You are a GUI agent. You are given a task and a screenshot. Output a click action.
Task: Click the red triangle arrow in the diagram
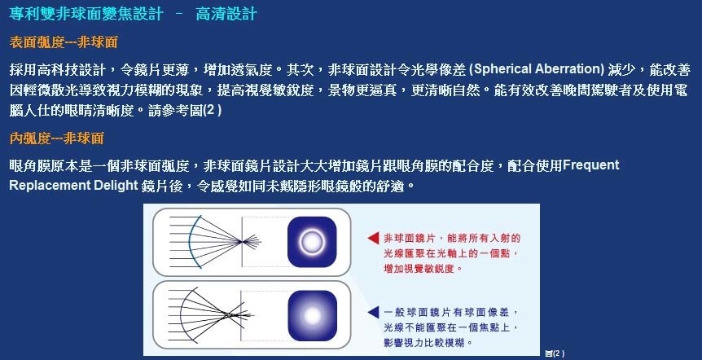pos(373,238)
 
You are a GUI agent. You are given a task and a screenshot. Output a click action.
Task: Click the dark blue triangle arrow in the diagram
pos(373,312)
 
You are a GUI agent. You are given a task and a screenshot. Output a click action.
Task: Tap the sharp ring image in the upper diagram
pos(312,242)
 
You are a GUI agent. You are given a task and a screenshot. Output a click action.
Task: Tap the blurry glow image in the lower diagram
pos(312,316)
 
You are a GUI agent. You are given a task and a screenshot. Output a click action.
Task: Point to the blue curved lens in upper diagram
pos(190,242)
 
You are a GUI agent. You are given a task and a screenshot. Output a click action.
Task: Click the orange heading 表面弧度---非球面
pos(64,42)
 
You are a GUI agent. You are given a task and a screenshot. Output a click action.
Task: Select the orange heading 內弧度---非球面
pos(56,138)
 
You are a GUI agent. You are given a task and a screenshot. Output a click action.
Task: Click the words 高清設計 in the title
pos(226,13)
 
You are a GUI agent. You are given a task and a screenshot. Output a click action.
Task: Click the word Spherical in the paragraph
pos(502,69)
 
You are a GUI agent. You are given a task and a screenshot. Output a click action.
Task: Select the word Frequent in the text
pos(591,165)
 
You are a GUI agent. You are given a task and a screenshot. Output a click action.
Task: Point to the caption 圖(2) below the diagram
pos(555,353)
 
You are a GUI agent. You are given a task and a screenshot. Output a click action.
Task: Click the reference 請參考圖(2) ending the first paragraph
pos(185,111)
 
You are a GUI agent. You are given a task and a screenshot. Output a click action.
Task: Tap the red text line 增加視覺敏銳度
pos(423,269)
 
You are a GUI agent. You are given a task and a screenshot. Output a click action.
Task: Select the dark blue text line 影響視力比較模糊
pos(428,343)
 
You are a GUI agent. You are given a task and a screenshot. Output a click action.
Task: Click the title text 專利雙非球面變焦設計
pos(86,13)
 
